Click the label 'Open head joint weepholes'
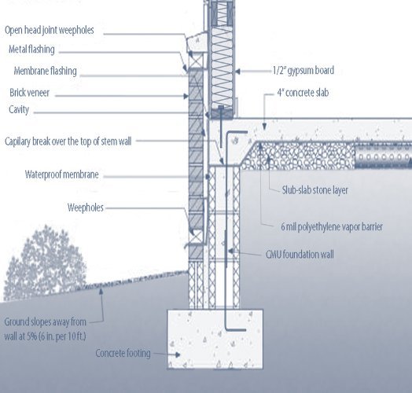49,30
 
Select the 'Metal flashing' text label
31,50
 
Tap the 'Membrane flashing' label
45,71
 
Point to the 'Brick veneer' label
29,93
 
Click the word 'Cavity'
19,109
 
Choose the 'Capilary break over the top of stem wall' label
68,141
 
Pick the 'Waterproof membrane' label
62,174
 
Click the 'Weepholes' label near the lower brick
86,208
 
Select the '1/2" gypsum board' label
303,71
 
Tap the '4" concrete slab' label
303,93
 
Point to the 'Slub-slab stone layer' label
315,190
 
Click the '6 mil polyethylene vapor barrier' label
332,226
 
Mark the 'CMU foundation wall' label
300,255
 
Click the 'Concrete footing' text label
123,354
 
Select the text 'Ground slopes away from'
45,321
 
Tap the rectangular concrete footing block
215,339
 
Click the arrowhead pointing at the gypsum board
237,72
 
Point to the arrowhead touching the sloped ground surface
101,292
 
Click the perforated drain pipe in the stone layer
383,157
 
